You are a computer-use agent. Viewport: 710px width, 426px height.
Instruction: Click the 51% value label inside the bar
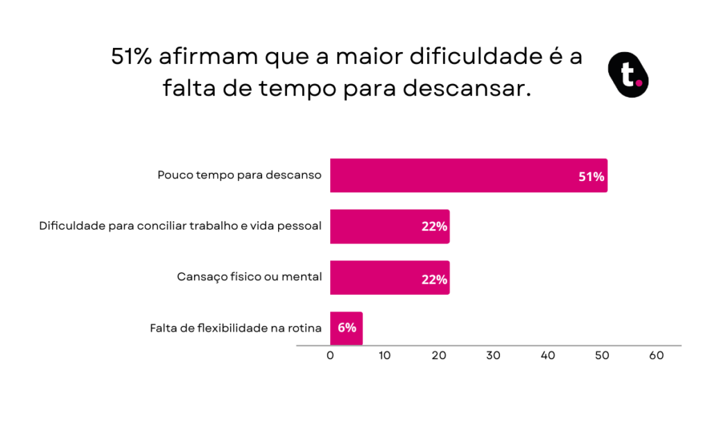pos(591,176)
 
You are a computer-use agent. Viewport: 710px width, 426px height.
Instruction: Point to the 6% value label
pos(347,327)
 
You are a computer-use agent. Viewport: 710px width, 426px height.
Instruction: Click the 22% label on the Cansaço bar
pos(434,279)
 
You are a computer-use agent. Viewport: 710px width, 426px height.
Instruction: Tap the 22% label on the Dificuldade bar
pos(434,227)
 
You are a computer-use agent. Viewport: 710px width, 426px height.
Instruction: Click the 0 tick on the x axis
pos(330,356)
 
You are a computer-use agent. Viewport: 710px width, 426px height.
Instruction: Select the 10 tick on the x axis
pos(385,356)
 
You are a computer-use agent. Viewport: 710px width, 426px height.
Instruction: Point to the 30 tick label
pos(493,356)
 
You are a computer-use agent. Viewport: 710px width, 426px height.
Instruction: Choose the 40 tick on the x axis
pos(548,356)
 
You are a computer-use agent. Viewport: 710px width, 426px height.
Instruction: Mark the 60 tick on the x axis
pos(657,356)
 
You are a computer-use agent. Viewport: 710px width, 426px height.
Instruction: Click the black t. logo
pos(627,74)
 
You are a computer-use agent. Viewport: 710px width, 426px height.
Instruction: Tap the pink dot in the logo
pos(639,83)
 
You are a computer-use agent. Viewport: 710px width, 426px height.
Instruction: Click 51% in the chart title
pos(132,58)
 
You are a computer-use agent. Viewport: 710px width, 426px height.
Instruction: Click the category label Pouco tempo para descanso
pos(239,176)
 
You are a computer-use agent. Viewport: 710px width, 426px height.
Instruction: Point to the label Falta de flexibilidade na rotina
pos(236,328)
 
